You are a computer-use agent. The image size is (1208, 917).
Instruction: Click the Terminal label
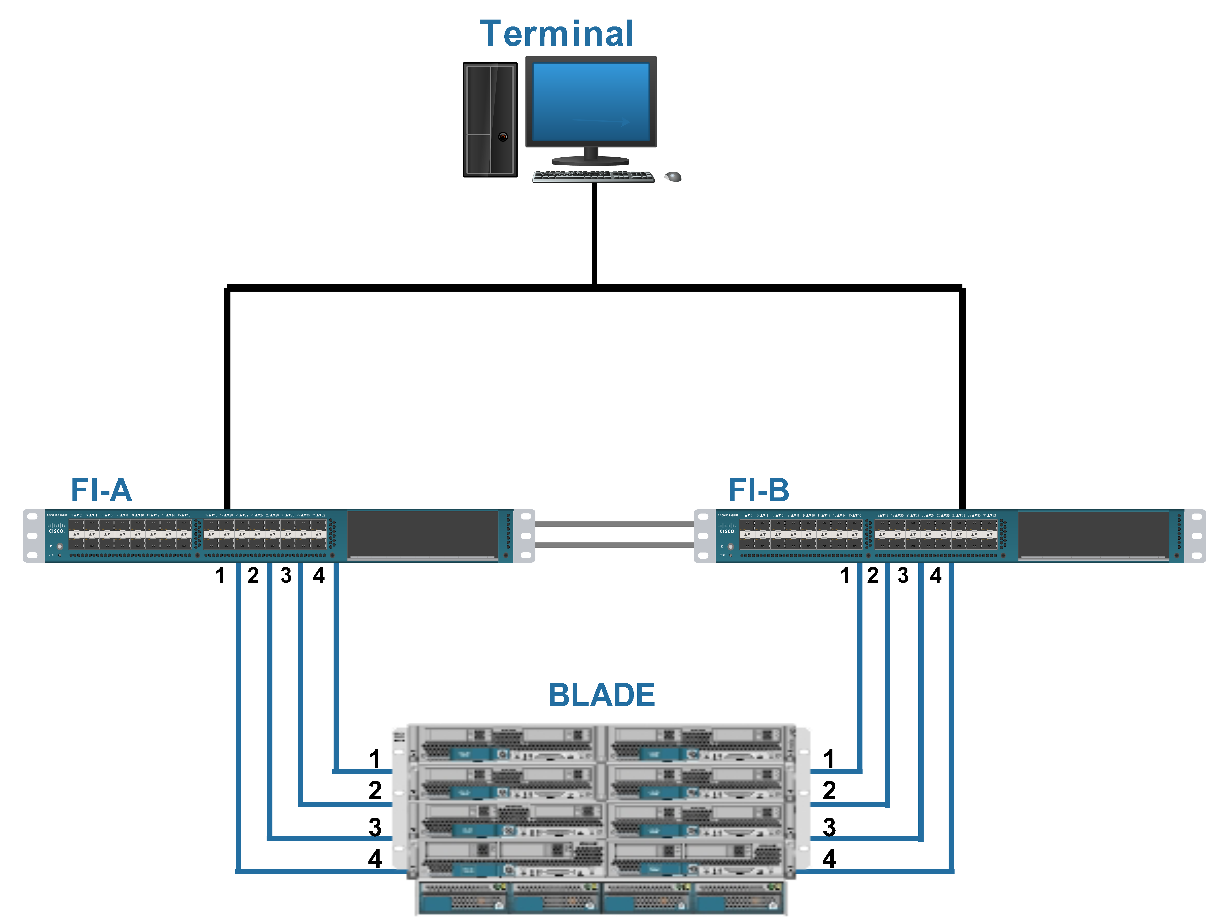pyautogui.click(x=556, y=34)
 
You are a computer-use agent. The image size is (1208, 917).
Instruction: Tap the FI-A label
pyautogui.click(x=102, y=490)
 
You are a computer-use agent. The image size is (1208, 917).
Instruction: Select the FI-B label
pyautogui.click(x=758, y=490)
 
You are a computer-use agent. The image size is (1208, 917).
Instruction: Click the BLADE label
pyautogui.click(x=601, y=695)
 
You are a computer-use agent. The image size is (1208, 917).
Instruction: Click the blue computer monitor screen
pyautogui.click(x=591, y=101)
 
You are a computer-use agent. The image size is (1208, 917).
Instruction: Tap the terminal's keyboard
pyautogui.click(x=593, y=175)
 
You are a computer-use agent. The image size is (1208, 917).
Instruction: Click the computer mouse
pyautogui.click(x=673, y=176)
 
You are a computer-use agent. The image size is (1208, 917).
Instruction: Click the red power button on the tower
pyautogui.click(x=503, y=137)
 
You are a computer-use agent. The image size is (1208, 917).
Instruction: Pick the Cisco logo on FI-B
pyautogui.click(x=727, y=528)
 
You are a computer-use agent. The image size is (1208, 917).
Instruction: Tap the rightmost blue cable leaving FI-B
pyautogui.click(x=951, y=710)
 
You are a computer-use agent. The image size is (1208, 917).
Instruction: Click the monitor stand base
pyautogui.click(x=590, y=160)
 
